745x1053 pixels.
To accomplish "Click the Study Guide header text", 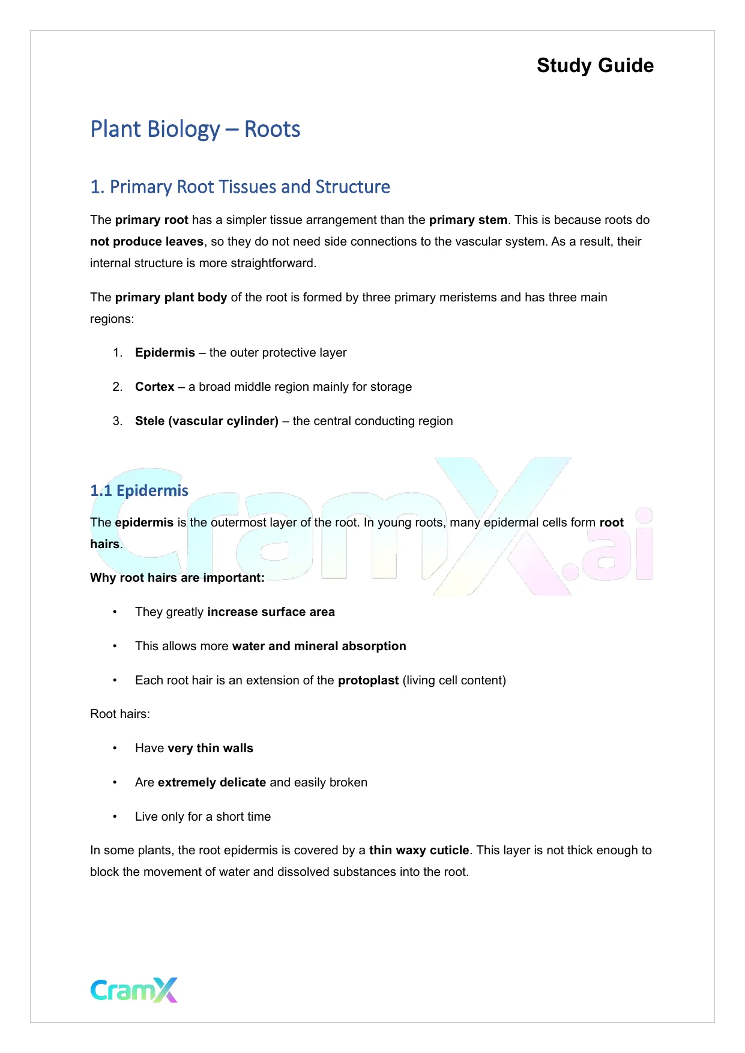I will [595, 65].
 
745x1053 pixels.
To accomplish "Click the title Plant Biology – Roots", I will [195, 129].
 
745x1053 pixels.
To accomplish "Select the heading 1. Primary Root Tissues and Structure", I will [240, 187].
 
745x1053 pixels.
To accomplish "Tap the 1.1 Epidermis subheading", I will [139, 490].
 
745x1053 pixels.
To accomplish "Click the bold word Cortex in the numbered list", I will [155, 387].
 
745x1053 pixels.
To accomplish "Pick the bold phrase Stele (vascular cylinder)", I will [207, 421].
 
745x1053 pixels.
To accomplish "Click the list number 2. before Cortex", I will [118, 387].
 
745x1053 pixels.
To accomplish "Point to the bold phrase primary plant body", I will [171, 297].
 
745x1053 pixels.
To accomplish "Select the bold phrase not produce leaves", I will [146, 241].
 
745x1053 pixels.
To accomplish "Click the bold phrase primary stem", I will [468, 220].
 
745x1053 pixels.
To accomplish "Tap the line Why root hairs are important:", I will [177, 578].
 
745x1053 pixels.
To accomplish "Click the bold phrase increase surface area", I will [271, 612].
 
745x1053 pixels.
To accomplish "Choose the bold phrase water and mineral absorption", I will [319, 646].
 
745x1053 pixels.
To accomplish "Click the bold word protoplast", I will [368, 680].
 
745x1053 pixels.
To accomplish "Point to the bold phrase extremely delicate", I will [212, 782].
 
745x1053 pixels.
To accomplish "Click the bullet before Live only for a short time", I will [115, 816].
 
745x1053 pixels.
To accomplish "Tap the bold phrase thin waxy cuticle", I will [419, 850].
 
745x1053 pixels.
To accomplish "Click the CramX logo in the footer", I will [134, 990].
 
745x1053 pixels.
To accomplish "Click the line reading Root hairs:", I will [120, 714].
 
